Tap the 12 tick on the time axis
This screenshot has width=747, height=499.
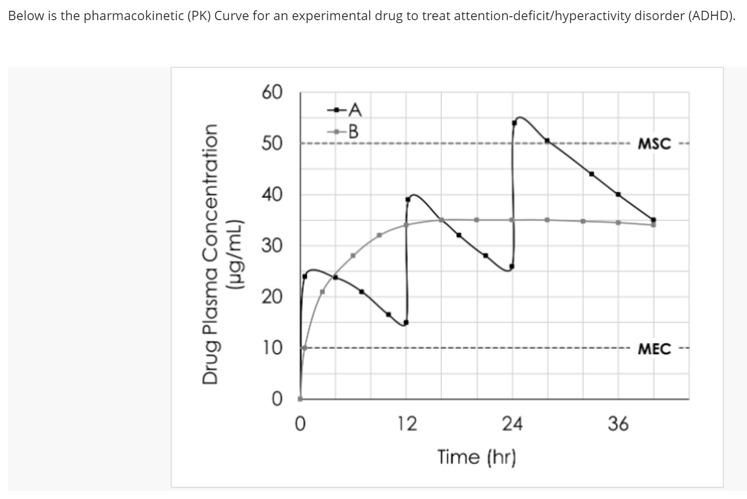pos(406,423)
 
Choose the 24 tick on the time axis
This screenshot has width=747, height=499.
pos(512,423)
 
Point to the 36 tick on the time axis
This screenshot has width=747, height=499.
pos(618,423)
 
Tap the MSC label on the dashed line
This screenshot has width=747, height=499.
pos(654,144)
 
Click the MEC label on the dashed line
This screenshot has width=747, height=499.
pos(654,349)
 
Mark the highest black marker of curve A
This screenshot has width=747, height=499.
pos(514,123)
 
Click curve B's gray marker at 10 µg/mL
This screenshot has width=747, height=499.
pos(305,348)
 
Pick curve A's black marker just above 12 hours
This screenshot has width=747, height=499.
pos(408,199)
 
